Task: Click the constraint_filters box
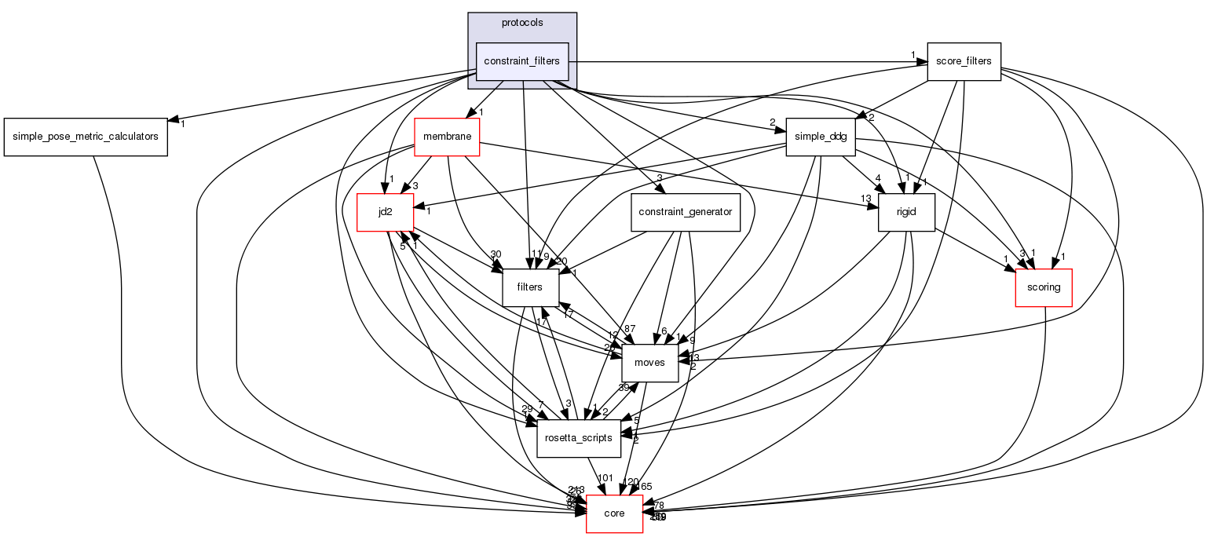(521, 61)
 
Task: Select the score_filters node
(964, 61)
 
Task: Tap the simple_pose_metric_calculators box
(86, 137)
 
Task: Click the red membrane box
(446, 137)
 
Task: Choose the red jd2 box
(385, 212)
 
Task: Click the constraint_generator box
(686, 212)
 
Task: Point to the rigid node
(906, 212)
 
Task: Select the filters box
(530, 287)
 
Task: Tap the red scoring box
(1044, 287)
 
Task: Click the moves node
(649, 363)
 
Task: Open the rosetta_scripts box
(579, 438)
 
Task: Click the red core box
(614, 513)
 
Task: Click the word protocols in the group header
(522, 23)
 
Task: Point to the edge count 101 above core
(605, 477)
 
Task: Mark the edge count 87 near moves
(628, 329)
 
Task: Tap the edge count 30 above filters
(496, 254)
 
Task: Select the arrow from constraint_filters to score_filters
(746, 61)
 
